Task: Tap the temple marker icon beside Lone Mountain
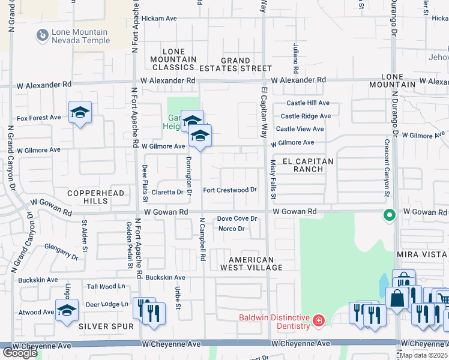point(42,36)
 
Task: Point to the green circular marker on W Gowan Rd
point(389,214)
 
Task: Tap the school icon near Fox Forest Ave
point(80,112)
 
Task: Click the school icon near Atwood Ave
point(67,310)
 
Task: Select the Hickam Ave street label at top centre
point(158,19)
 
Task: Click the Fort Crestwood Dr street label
point(230,190)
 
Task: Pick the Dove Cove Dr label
point(237,219)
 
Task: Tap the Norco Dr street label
point(231,229)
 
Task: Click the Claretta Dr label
point(167,193)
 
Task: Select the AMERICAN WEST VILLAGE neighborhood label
point(251,264)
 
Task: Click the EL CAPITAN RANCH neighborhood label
point(303,166)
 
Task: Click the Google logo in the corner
point(20,353)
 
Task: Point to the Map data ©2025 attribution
point(424,355)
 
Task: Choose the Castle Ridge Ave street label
point(306,116)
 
